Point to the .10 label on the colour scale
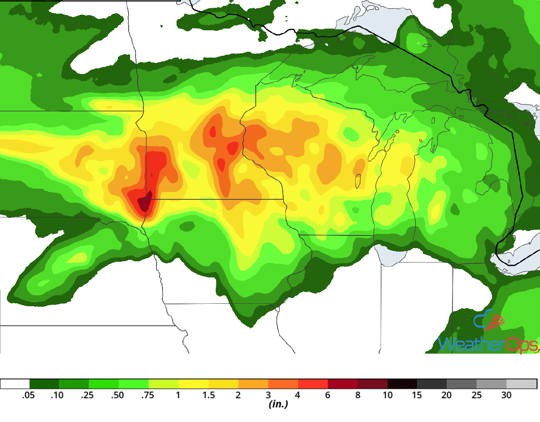point(58,396)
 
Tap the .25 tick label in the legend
point(88,396)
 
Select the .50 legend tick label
point(117,396)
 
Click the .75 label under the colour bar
point(147,396)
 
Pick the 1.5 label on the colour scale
point(208,396)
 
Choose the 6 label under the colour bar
point(328,396)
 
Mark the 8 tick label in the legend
point(358,396)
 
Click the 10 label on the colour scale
point(387,396)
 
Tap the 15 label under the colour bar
point(417,396)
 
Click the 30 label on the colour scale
point(507,396)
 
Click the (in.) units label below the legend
point(277,404)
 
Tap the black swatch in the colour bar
point(402,383)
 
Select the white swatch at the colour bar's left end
point(15,383)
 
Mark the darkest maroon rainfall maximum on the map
point(144,203)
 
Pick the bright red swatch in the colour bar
point(313,383)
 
